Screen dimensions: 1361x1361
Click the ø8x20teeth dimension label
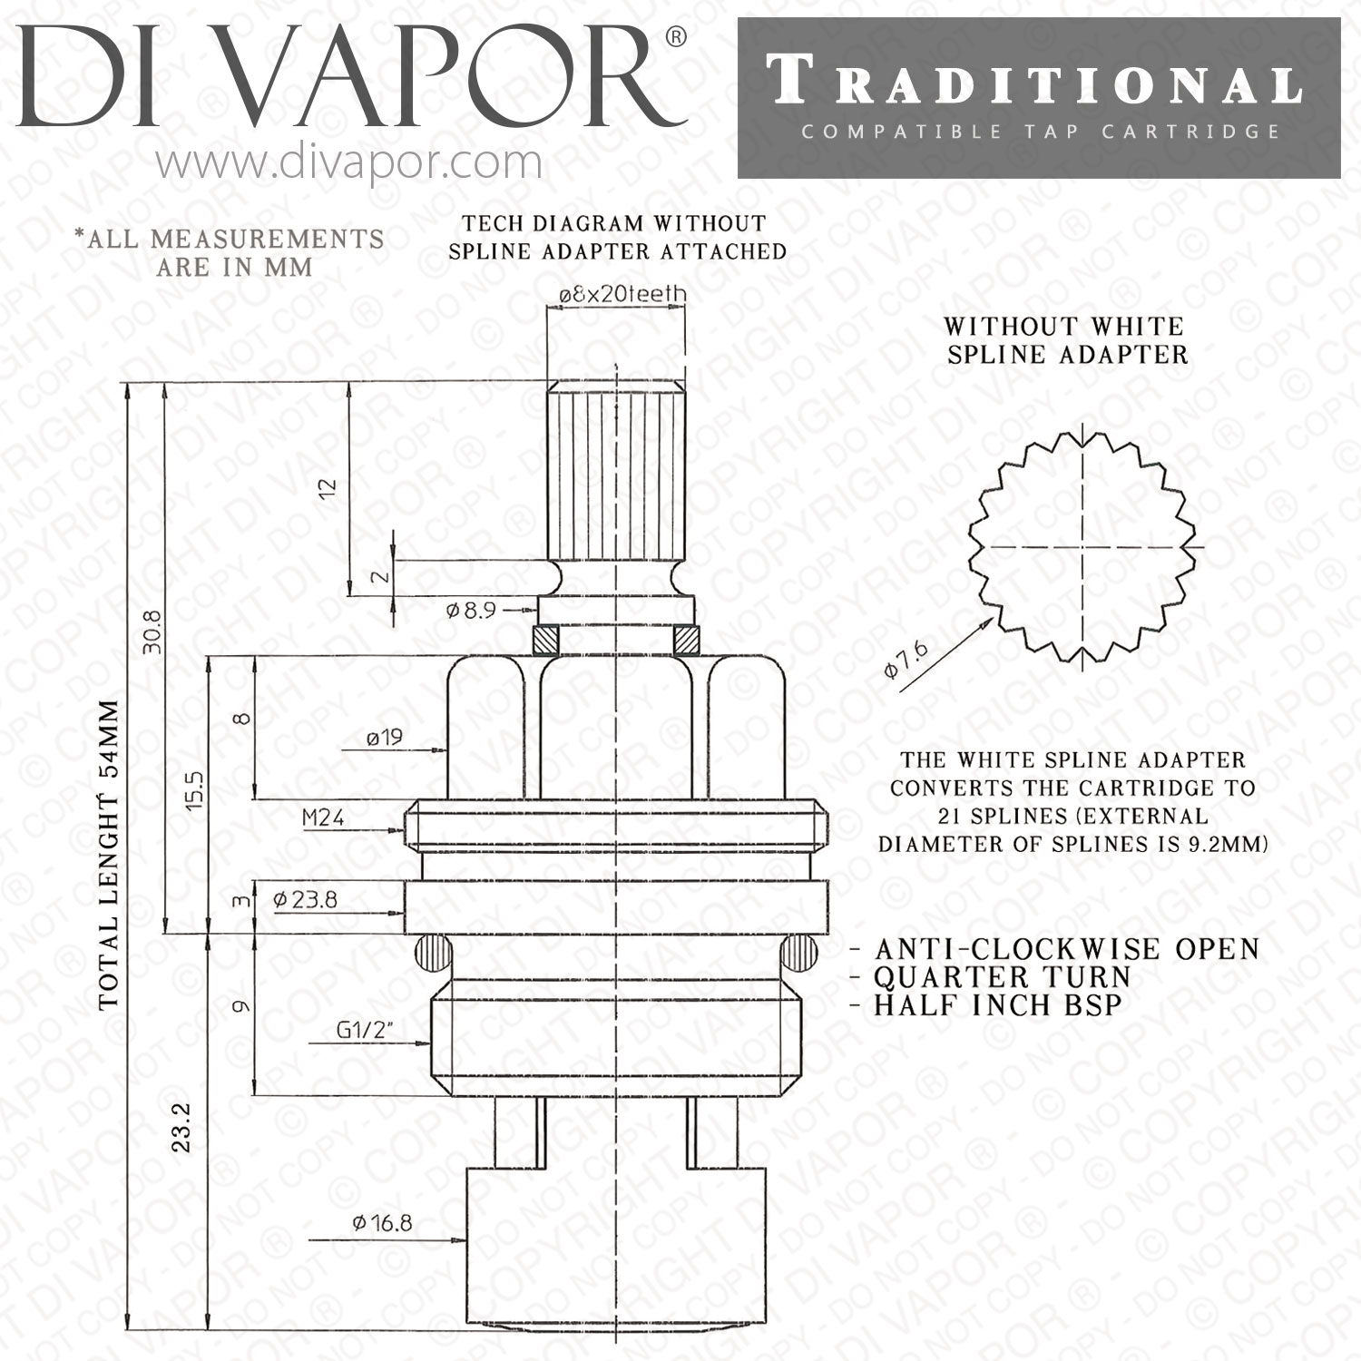622,294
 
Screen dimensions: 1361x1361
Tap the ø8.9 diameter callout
471,611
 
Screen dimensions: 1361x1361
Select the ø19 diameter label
385,738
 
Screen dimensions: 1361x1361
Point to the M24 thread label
323,818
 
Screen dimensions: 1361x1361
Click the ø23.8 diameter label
305,899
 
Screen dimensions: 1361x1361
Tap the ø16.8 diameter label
382,1223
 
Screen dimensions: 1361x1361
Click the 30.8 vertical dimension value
152,631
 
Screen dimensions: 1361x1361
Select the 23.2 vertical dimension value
181,1128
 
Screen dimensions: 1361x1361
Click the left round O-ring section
434,952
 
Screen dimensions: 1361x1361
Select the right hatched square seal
687,640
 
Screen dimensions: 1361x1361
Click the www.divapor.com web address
349,163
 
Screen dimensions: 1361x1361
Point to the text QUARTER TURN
1003,977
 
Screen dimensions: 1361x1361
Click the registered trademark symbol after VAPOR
676,37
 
